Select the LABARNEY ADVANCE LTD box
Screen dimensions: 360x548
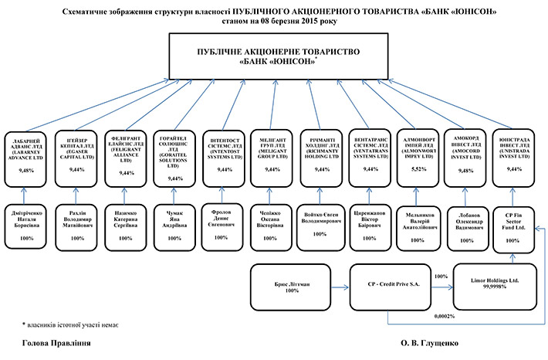click(x=27, y=157)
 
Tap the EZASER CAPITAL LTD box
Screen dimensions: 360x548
click(x=77, y=157)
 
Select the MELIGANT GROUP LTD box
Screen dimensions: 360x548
click(x=272, y=157)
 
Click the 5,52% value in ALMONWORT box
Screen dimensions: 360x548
click(x=418, y=168)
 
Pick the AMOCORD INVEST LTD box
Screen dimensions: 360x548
click(x=465, y=157)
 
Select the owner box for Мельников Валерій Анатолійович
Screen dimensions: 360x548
click(x=418, y=224)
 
